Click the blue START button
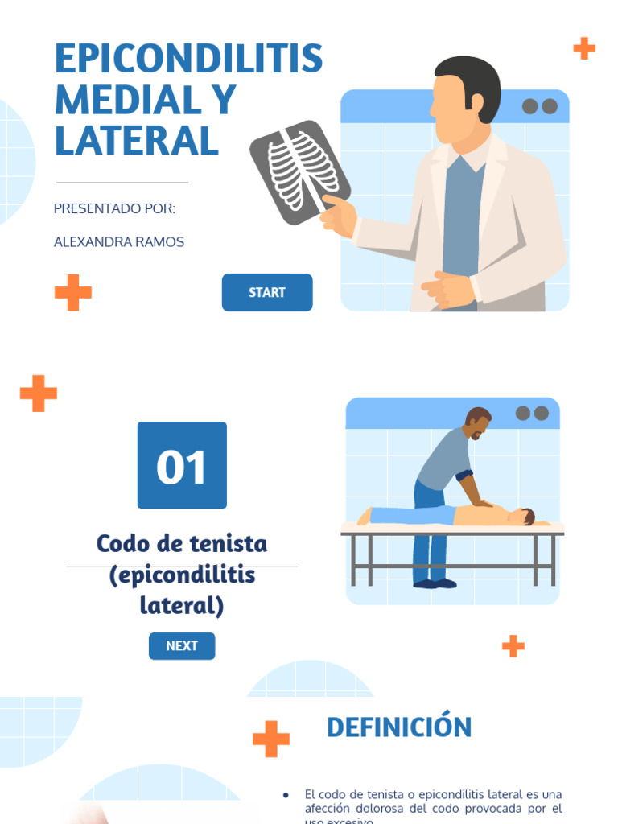pos(267,293)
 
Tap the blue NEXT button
pos(182,646)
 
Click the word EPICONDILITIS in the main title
pos(188,59)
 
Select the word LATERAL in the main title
pos(137,141)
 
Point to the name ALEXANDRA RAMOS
pos(119,242)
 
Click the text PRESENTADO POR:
pos(114,209)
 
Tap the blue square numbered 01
pos(182,465)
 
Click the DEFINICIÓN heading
pos(399,727)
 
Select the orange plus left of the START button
pos(73,293)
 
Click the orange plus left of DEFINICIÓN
pos(271,739)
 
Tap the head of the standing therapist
pos(478,422)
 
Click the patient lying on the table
pos(451,515)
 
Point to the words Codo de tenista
pos(182,544)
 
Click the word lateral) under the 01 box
pos(182,604)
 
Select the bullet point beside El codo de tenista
pos(286,795)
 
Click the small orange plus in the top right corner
pos(584,48)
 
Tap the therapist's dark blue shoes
pos(435,583)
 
